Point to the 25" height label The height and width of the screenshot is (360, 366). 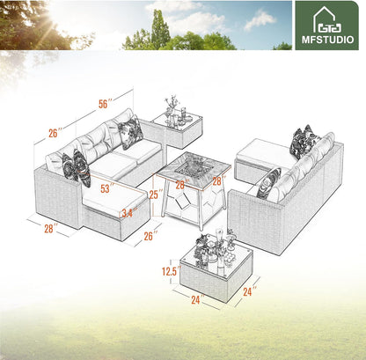pyautogui.click(x=154, y=195)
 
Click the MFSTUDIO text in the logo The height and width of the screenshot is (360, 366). pyautogui.click(x=326, y=40)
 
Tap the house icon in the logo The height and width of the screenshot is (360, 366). pyautogui.click(x=326, y=18)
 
